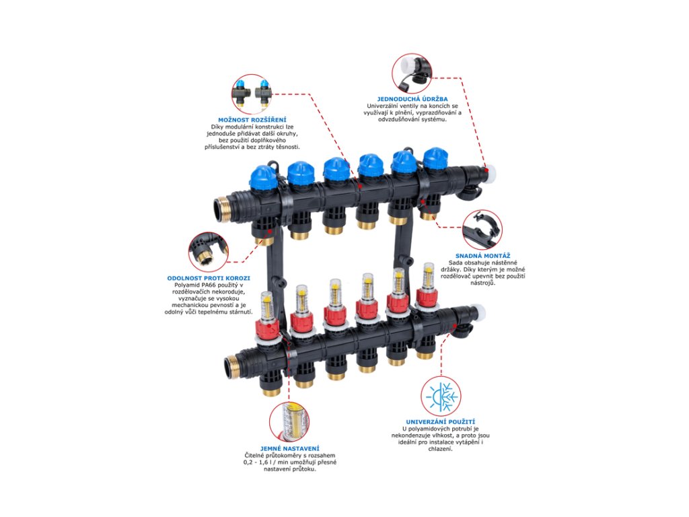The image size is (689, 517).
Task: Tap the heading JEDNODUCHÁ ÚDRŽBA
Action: tap(412, 99)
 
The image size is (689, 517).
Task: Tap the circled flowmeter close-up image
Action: tap(289, 421)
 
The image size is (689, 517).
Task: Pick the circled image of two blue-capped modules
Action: tap(252, 94)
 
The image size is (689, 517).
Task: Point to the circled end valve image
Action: tap(412, 72)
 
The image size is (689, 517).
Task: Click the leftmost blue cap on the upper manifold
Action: tap(262, 176)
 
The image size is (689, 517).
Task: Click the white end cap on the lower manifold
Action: tap(481, 312)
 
